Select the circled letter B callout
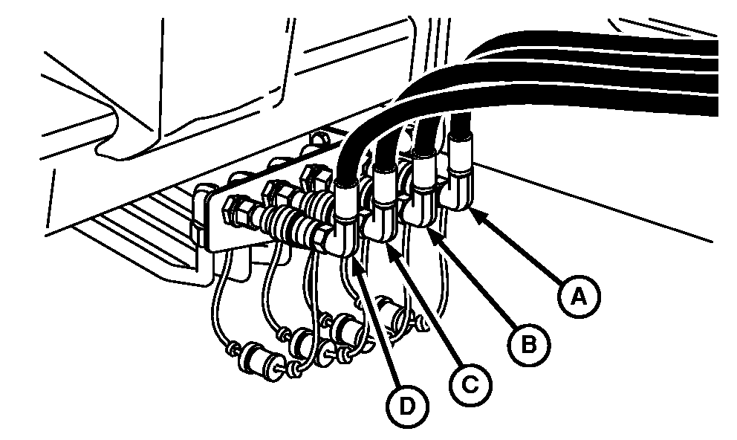[529, 346]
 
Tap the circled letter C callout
[470, 385]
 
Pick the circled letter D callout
[407, 406]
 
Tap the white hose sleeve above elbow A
[461, 153]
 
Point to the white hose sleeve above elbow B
[423, 169]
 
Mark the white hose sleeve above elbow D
[348, 201]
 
